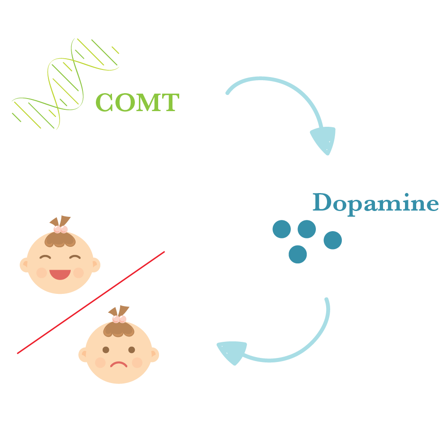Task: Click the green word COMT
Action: [x=137, y=102]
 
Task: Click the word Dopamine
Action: [x=375, y=203]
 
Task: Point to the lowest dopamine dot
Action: [x=297, y=254]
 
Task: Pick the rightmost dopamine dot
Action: [x=332, y=240]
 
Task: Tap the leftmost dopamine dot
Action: [x=281, y=229]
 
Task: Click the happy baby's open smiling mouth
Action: [x=60, y=274]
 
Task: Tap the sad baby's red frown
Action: [x=119, y=363]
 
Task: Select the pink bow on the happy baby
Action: [x=60, y=229]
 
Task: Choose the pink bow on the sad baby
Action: [x=119, y=319]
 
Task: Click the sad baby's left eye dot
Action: [x=106, y=349]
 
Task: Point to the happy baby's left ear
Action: [x=24, y=265]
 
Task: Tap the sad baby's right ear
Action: [x=154, y=355]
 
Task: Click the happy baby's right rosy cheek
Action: [x=78, y=272]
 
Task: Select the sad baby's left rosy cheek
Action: [x=100, y=362]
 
